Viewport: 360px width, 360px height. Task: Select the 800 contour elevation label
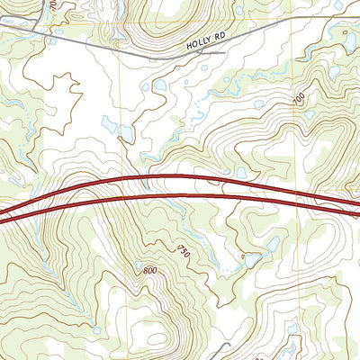pos(150,270)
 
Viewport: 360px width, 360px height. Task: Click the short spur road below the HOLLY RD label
pos(213,52)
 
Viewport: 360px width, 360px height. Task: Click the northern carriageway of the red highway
pos(180,179)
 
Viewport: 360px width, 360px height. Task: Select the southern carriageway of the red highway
pos(180,195)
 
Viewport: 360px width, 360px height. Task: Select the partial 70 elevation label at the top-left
pos(53,4)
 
